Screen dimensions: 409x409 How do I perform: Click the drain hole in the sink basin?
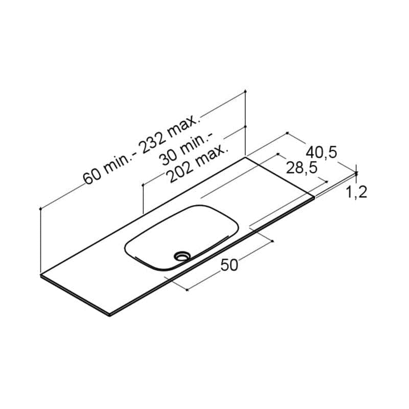(183, 256)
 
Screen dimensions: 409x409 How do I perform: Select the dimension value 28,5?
(302, 168)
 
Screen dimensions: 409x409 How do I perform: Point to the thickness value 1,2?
(356, 192)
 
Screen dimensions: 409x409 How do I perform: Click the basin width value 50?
(229, 265)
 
